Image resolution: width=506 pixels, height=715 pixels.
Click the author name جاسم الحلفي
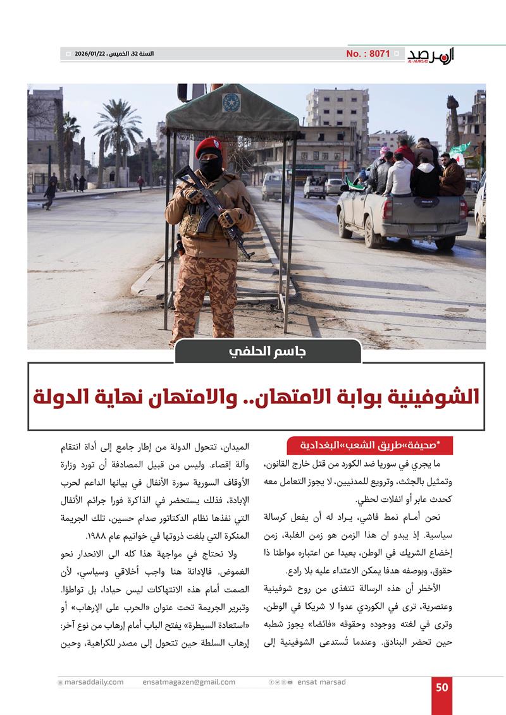point(268,351)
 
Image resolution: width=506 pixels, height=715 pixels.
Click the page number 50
point(441,687)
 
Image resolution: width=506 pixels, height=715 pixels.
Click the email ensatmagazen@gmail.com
point(189,682)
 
